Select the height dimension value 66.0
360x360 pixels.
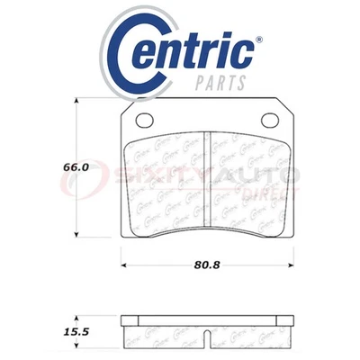click(37, 167)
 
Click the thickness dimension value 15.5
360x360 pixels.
click(37, 331)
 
